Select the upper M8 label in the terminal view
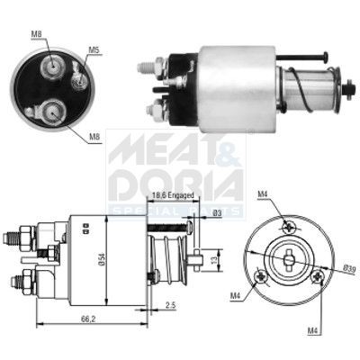point(37,34)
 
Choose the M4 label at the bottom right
point(312,331)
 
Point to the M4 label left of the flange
point(237,295)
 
